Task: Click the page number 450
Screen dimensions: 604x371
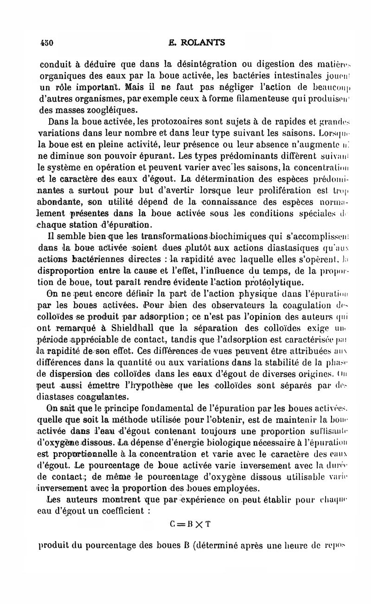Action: pos(47,43)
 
